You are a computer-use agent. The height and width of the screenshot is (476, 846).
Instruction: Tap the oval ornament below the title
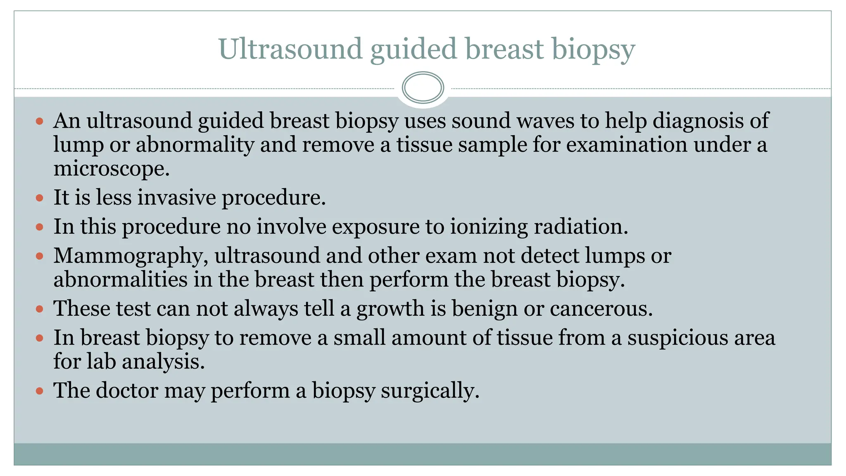coord(423,88)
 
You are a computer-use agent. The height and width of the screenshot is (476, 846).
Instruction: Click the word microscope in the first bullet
coord(110,169)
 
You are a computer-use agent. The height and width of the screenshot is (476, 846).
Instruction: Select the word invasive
coord(176,198)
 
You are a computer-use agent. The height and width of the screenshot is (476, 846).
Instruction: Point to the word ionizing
coord(489,227)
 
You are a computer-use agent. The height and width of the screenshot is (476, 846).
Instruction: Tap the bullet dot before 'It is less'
coord(40,198)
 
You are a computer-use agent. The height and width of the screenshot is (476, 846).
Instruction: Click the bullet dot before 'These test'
coord(40,309)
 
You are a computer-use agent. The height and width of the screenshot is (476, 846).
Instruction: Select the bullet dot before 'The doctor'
coord(40,391)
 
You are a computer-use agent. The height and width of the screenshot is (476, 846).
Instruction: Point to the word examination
coord(626,145)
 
